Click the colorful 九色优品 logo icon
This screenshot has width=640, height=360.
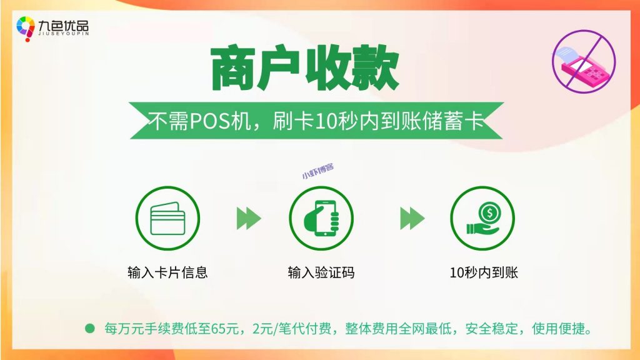26,28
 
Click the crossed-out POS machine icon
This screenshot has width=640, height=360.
583,62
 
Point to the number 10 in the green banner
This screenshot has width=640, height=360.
326,119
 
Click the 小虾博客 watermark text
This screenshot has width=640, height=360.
317,171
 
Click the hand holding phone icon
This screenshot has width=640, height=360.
321,218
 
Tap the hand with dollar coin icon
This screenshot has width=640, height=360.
482,218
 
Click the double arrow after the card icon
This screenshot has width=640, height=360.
249,218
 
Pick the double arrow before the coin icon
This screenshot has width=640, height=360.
412,218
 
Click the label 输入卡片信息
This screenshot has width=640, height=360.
167,273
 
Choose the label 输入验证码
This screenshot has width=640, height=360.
321,273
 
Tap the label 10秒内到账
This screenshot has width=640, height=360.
483,273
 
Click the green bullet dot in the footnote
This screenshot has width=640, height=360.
89,327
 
